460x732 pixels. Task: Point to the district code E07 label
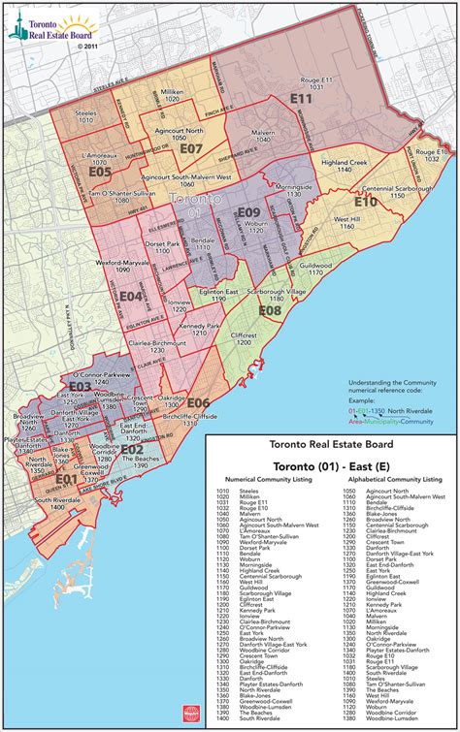click(190, 149)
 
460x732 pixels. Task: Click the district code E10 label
click(365, 203)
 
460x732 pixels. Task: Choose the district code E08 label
click(270, 310)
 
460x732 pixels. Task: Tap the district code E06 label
click(198, 402)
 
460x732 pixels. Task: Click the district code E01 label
click(65, 478)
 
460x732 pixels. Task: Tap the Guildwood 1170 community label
click(315, 269)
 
